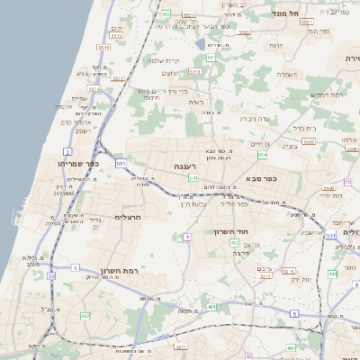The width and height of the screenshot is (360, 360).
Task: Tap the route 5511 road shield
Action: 104,46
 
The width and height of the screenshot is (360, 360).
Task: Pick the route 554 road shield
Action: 262,155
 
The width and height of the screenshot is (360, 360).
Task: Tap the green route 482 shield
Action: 85,316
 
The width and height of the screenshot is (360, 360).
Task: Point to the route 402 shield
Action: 235,243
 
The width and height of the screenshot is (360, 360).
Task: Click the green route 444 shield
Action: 332,273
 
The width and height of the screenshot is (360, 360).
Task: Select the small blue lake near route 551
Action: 200,41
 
